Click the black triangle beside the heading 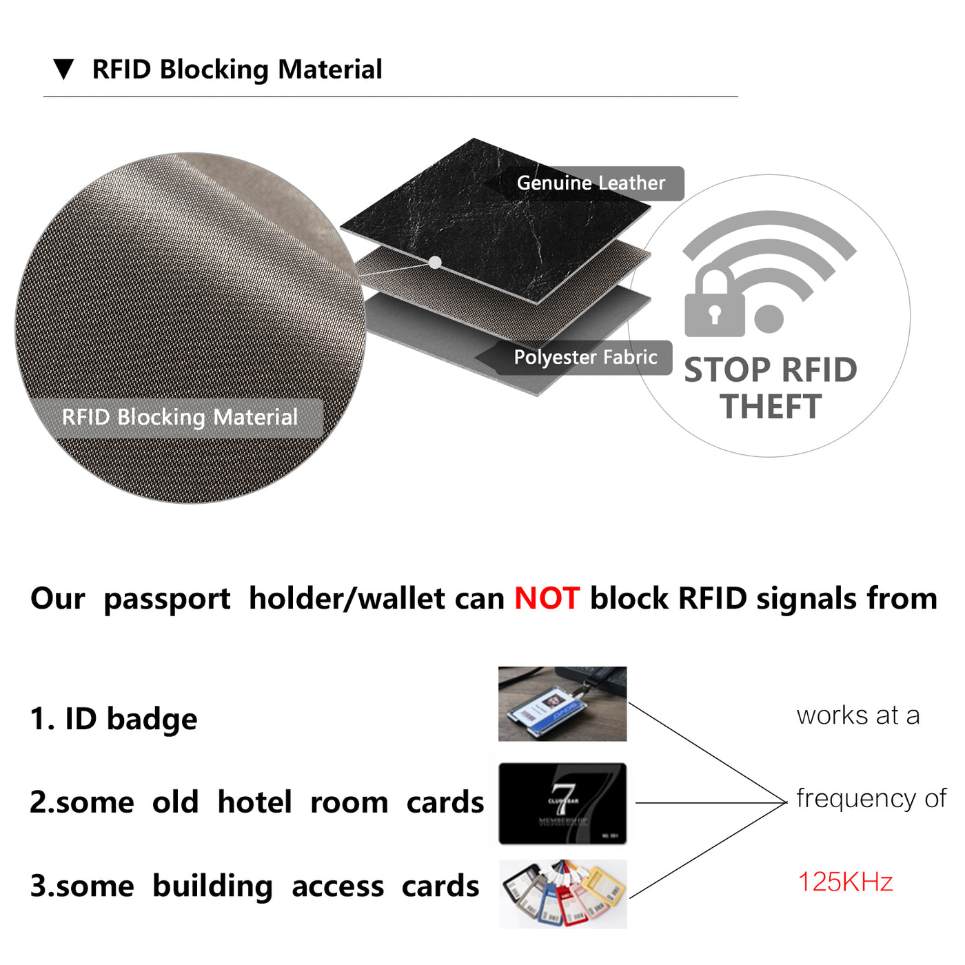63,69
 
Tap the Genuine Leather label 591,183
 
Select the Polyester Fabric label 585,358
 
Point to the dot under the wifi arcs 769,318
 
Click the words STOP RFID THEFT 771,388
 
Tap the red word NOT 547,598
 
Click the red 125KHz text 845,882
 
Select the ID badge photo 562,704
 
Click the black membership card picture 562,803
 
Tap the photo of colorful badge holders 563,893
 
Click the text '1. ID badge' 114,719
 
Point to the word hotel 255,802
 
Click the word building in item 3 212,886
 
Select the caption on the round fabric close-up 180,418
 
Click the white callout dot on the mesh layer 435,262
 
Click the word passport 167,599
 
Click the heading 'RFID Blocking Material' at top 237,70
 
